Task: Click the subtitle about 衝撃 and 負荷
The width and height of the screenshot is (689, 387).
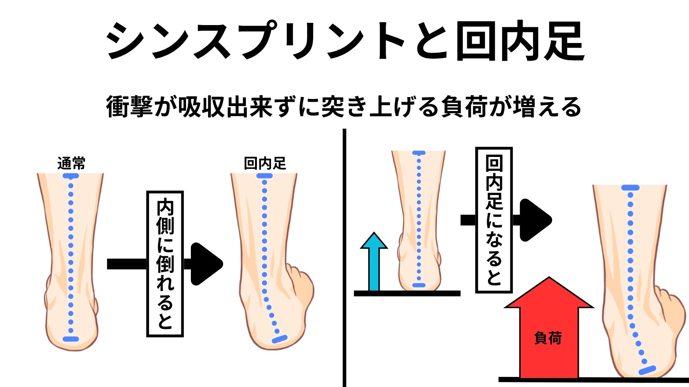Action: [x=344, y=107]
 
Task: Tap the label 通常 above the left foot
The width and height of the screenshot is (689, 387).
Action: [x=71, y=163]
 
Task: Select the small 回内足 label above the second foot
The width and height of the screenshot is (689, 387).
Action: [x=265, y=163]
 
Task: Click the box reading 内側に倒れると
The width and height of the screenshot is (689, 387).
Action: [x=165, y=264]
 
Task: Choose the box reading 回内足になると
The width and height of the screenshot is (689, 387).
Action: [x=494, y=220]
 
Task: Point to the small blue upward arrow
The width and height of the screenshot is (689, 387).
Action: [x=374, y=262]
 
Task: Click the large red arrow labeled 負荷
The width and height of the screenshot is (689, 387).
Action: [x=548, y=330]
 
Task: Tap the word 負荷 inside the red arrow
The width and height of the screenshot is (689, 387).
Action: [x=548, y=338]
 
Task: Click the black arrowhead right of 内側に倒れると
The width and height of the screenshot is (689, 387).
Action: [x=205, y=264]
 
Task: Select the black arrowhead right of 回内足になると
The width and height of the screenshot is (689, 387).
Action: [x=534, y=220]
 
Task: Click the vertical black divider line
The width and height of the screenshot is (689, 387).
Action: [x=344, y=258]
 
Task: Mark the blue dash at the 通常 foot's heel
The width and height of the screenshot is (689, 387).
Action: [x=71, y=339]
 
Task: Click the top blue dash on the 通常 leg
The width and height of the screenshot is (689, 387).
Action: [x=71, y=176]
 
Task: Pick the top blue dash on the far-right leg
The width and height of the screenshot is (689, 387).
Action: [x=631, y=188]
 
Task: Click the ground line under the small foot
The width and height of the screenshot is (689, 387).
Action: [x=407, y=293]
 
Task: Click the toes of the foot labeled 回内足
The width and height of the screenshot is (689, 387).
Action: [x=301, y=283]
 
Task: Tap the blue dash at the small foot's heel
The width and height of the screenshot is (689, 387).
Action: [x=419, y=285]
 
